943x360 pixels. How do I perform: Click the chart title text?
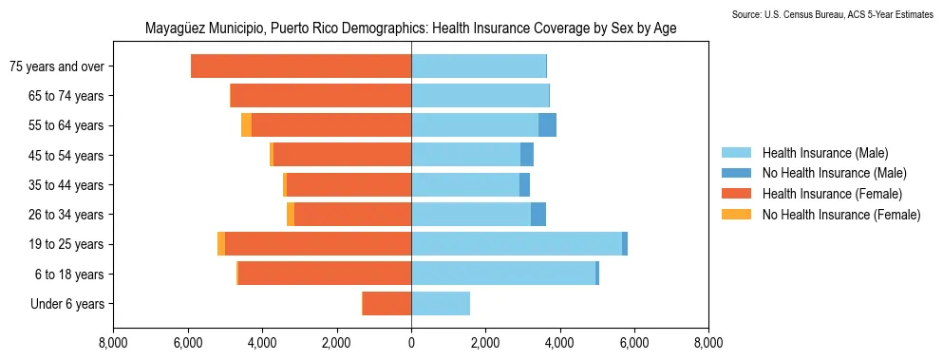pyautogui.click(x=410, y=28)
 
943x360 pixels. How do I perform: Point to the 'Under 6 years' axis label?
pyautogui.click(x=73, y=304)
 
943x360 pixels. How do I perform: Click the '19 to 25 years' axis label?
pyautogui.click(x=71, y=244)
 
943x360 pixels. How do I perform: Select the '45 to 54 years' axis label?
pyautogui.click(x=71, y=156)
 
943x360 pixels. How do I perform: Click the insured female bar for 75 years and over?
pyautogui.click(x=301, y=66)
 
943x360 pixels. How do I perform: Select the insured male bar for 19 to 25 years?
pyautogui.click(x=517, y=244)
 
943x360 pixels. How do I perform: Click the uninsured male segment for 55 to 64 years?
pyautogui.click(x=547, y=125)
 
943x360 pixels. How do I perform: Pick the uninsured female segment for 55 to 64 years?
pyautogui.click(x=246, y=125)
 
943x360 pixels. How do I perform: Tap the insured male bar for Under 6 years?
pyautogui.click(x=441, y=304)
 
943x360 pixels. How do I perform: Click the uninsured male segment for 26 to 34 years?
pyautogui.click(x=538, y=215)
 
